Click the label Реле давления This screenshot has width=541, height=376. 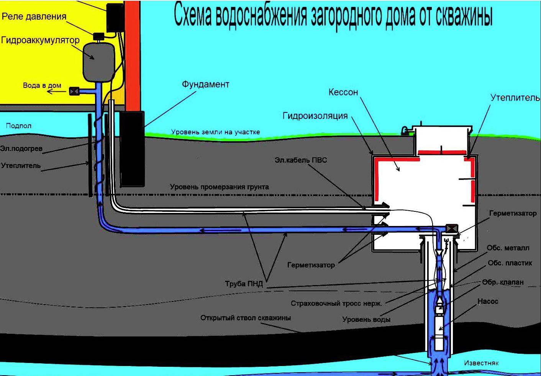[x=34, y=16]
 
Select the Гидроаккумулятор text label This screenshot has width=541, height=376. [x=40, y=40]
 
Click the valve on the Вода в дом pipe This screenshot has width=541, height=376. [x=74, y=91]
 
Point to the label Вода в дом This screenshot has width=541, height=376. [x=42, y=85]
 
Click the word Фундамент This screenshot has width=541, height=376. [x=205, y=84]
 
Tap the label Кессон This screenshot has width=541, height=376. [x=343, y=92]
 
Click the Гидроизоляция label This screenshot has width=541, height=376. [x=315, y=115]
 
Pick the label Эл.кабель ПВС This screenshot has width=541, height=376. [x=301, y=160]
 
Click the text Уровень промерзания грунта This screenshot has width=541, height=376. [x=219, y=187]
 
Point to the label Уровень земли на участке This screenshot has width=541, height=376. [x=215, y=132]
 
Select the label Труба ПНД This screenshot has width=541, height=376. [x=244, y=284]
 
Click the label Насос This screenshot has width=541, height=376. [x=488, y=302]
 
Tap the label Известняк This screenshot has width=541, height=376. [x=481, y=363]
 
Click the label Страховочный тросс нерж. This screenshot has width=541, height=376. [x=336, y=303]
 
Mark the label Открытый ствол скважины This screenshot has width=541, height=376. [x=246, y=318]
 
